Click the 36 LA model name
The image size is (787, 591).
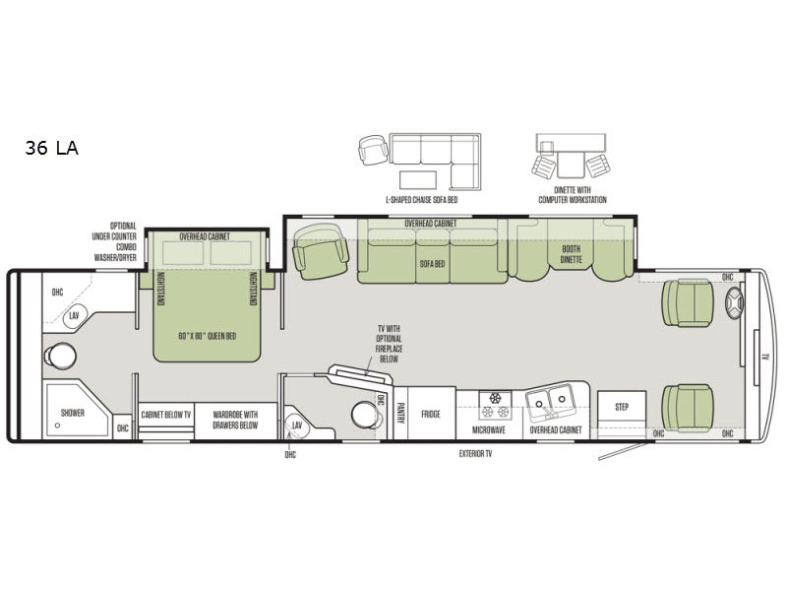coord(52,149)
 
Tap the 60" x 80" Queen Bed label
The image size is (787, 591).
coord(208,335)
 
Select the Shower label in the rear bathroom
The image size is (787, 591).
coord(73,414)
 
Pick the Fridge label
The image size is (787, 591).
coord(431,415)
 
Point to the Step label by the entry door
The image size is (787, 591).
coord(622,407)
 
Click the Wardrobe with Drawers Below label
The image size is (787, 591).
coord(236,421)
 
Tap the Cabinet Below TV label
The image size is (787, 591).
coord(165,415)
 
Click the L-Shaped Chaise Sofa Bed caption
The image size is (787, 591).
coord(421,199)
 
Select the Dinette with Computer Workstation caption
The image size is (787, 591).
coord(572,195)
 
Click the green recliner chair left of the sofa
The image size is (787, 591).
coord(321,251)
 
